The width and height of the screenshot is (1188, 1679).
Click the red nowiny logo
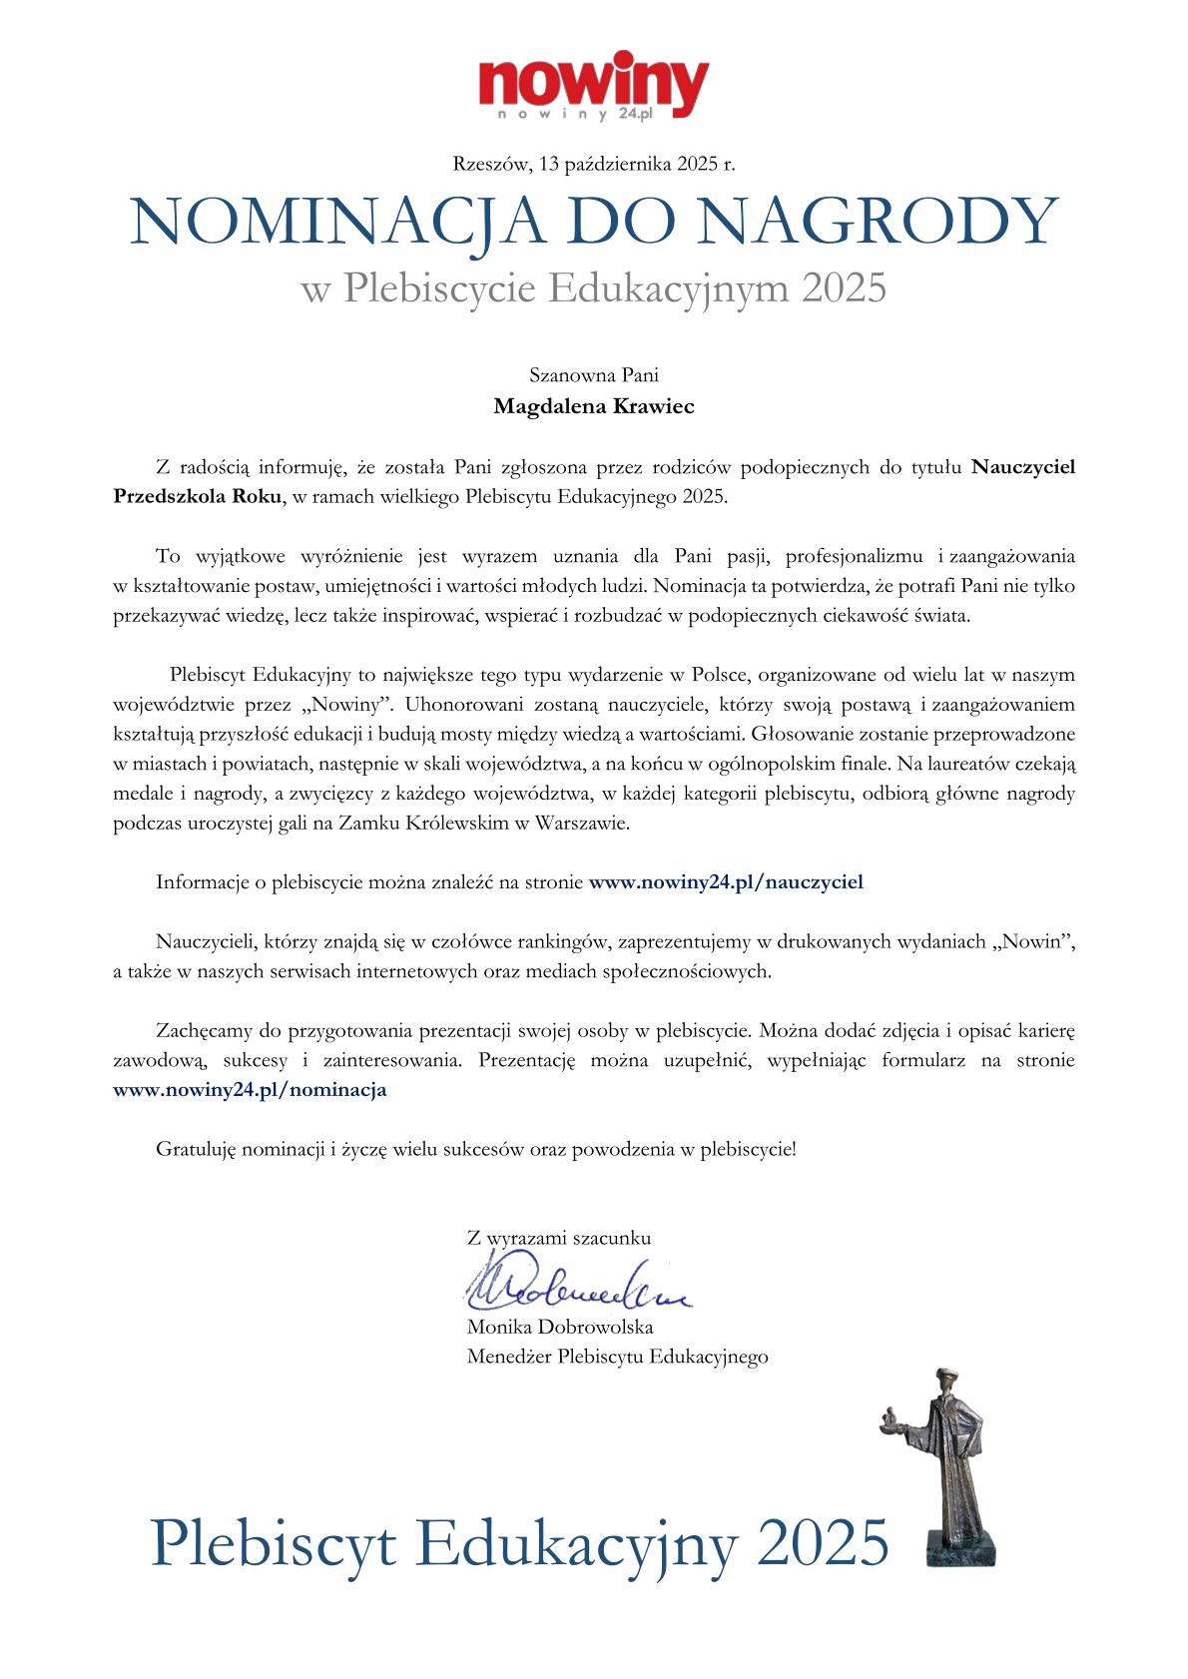[594, 84]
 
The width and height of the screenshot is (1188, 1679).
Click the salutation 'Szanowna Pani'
[594, 376]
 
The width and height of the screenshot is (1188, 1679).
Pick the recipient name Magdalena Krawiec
[594, 406]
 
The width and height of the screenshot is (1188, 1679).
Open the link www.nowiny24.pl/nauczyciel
[726, 881]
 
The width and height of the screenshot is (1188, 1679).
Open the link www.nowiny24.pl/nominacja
[251, 1090]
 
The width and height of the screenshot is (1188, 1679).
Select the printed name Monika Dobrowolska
[559, 1328]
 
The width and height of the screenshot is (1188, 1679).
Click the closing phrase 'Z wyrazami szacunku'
[558, 1238]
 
